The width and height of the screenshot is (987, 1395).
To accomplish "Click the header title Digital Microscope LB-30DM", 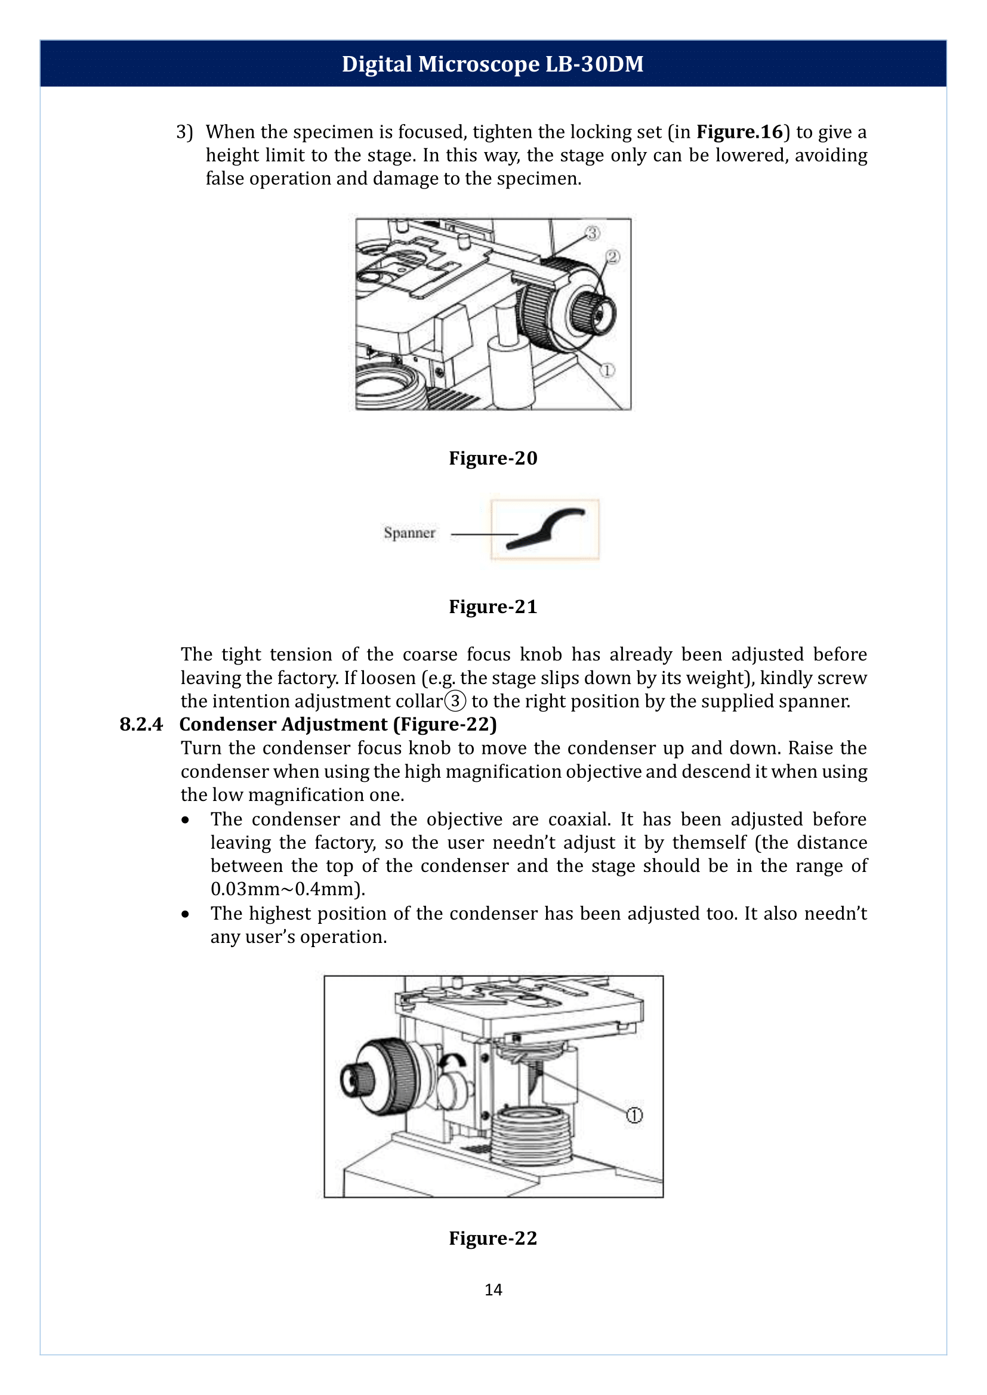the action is coord(492,64).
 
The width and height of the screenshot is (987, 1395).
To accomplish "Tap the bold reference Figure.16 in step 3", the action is coord(739,132).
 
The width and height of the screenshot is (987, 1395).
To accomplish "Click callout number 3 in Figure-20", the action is coord(593,233).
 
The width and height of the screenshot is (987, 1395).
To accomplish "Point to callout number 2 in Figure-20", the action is coord(612,257).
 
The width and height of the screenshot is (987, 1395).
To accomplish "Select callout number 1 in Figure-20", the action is coord(606,370).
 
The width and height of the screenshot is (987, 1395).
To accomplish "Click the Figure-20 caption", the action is coord(493,457).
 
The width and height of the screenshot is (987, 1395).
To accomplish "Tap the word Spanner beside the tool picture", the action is coord(409,533).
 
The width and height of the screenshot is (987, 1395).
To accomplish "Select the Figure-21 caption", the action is coord(493,607).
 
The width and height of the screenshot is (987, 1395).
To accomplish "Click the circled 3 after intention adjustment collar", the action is coord(455,701).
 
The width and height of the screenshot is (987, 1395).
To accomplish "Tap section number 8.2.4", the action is coord(141,724).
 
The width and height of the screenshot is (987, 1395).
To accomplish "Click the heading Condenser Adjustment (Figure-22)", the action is coord(338,724).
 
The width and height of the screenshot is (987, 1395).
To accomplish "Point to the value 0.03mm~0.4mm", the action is coord(287,889).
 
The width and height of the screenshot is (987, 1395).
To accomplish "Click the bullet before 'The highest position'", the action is coord(186,914).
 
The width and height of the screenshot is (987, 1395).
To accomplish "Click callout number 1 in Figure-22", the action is coord(634,1115).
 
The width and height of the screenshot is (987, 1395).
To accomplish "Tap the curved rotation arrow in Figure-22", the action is coord(452,1061).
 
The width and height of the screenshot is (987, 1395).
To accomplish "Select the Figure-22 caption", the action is coord(493,1238).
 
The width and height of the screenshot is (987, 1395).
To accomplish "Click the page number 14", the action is coord(493,1289).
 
